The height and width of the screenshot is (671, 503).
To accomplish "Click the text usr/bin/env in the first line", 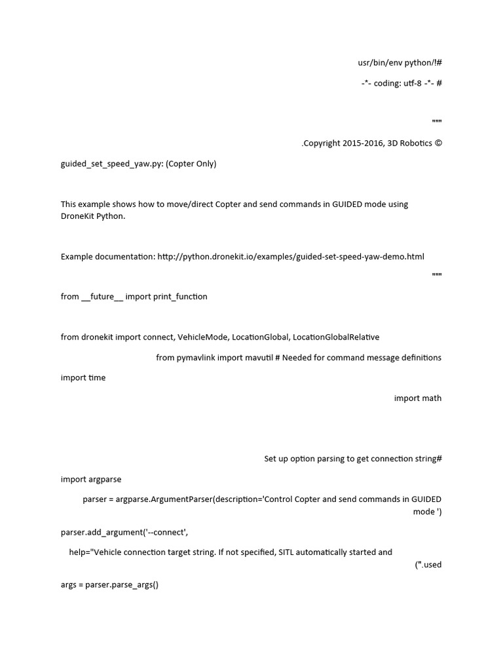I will click(x=380, y=63).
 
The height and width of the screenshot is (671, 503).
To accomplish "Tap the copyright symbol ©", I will click(x=438, y=144).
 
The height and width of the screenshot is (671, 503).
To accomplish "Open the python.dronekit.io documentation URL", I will click(x=291, y=256).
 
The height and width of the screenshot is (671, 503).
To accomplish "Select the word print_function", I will click(x=180, y=297).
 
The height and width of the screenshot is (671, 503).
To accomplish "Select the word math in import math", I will click(x=432, y=398).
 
